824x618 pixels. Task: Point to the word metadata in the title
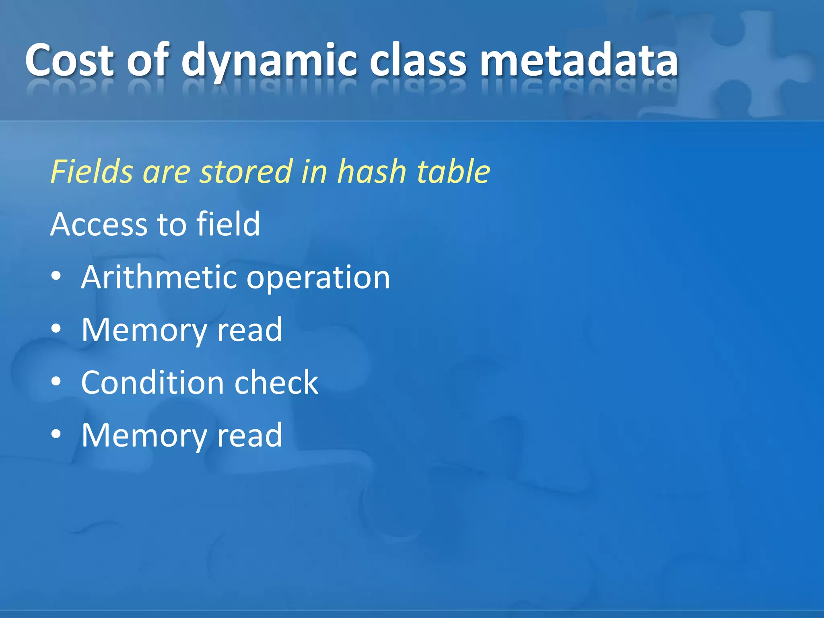[x=579, y=60]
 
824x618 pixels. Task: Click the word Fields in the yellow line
[x=91, y=171]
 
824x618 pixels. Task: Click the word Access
[x=99, y=224]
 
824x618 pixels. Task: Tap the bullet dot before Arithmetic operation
[x=56, y=276]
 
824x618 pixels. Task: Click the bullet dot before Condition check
[x=56, y=382]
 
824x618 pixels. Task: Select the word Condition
[x=152, y=382]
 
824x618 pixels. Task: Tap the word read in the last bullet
[x=249, y=435]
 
